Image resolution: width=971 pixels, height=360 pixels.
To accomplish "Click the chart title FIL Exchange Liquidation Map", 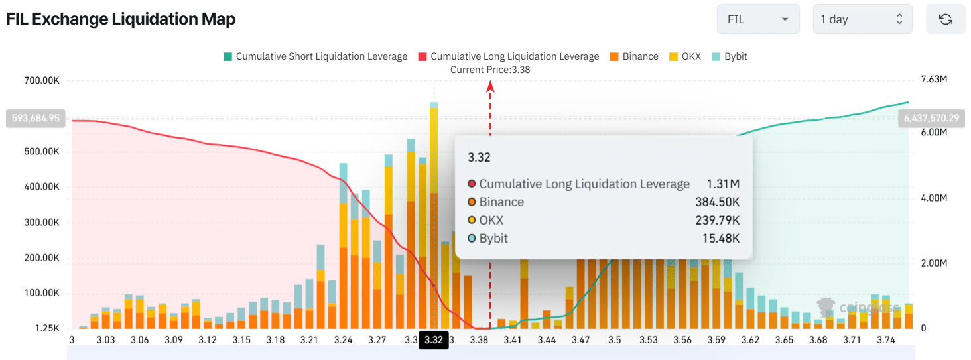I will (121, 19).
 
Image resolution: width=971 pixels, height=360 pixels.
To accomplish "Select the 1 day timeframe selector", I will (862, 19).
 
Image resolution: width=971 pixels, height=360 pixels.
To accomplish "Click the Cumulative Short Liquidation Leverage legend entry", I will (315, 56).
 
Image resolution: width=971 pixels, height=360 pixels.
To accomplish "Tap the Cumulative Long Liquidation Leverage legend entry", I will (508, 56).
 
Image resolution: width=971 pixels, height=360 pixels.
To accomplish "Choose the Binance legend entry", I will (633, 56).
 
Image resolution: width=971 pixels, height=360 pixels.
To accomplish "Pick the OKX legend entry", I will (686, 56).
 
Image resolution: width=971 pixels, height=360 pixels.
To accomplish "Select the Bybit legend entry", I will (730, 56).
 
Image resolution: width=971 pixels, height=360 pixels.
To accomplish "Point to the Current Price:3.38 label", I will (490, 69).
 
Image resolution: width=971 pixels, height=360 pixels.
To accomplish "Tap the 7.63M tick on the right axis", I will (934, 80).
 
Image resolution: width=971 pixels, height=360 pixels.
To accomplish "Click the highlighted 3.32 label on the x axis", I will (433, 340).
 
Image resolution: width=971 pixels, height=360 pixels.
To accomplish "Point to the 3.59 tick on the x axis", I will (716, 340).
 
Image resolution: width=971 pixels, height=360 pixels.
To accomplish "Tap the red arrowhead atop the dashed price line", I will (490, 86).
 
